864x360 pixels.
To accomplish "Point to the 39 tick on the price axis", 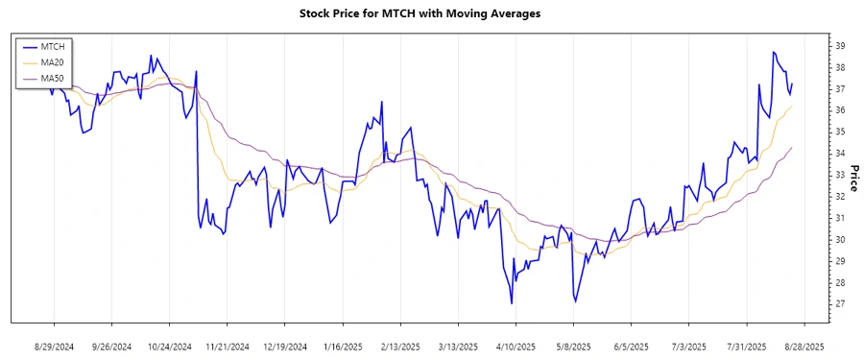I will [x=839, y=46].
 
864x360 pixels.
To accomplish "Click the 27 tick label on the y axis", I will [x=839, y=304].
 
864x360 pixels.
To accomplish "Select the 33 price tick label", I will [x=839, y=175].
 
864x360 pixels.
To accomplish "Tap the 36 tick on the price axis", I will [x=839, y=110].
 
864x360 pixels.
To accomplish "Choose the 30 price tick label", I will [x=839, y=240].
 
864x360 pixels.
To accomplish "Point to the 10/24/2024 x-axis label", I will [x=169, y=346].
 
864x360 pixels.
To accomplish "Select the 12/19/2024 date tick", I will [x=285, y=346].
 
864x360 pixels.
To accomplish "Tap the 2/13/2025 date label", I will [x=400, y=346].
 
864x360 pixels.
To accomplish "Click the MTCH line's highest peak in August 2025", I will [x=773, y=52].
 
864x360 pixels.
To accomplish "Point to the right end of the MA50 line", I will [x=792, y=148].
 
